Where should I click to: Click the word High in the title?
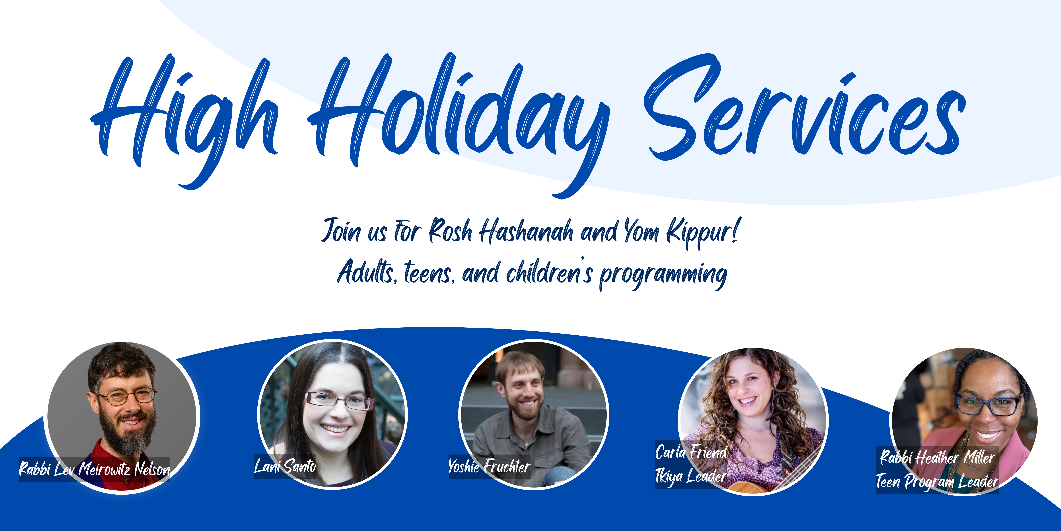point(185,120)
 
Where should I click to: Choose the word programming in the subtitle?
point(663,275)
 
